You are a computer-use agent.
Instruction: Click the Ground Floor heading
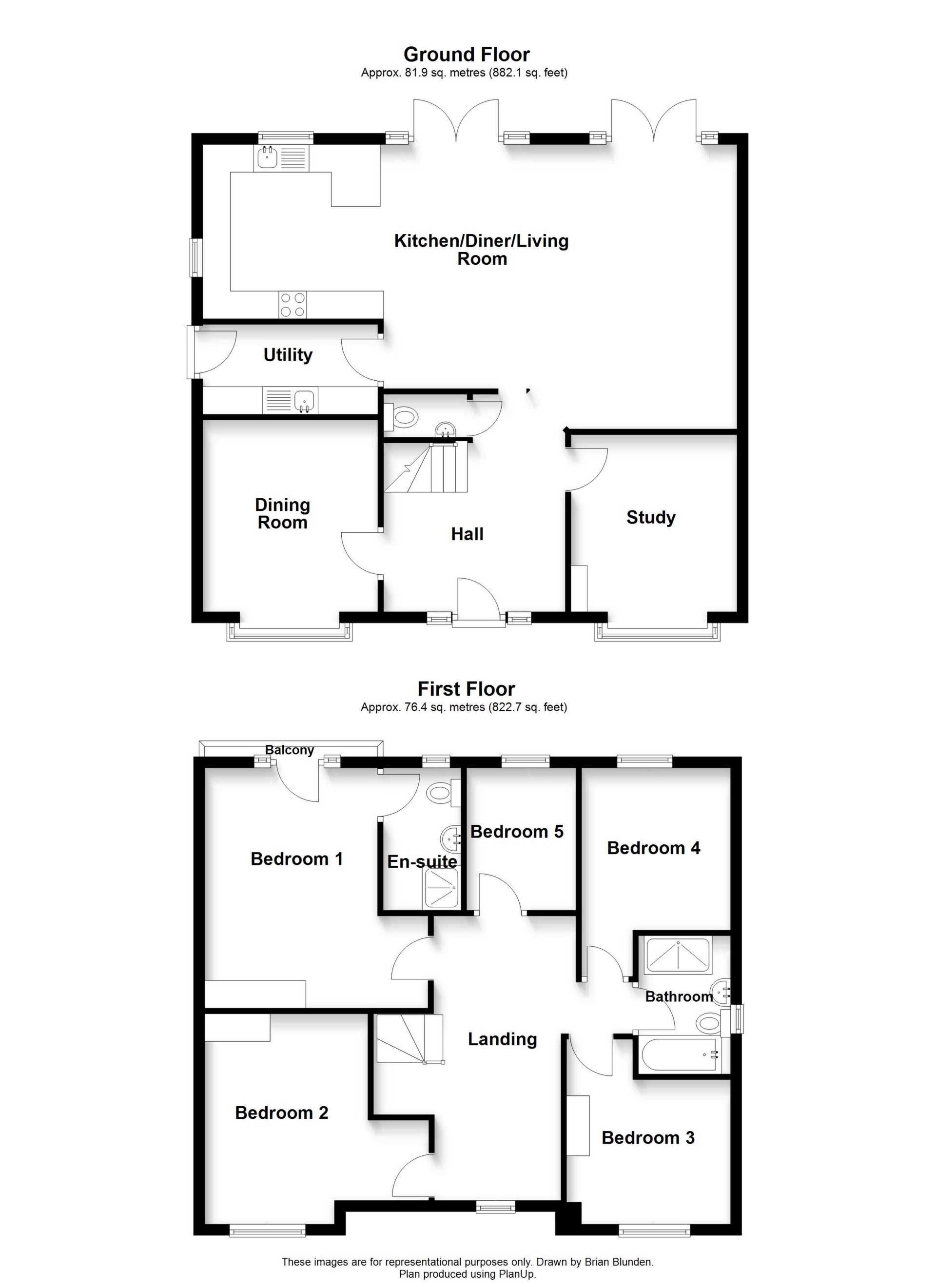[x=467, y=55]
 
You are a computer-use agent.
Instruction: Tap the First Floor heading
[x=467, y=689]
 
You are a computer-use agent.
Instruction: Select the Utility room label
[x=288, y=355]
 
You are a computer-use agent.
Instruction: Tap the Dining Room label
[x=282, y=513]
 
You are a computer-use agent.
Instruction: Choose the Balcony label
[x=290, y=750]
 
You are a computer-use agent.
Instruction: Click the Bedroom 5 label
[x=517, y=832]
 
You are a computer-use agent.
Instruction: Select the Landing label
[x=502, y=1039]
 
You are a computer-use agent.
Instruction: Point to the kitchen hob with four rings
[x=292, y=304]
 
